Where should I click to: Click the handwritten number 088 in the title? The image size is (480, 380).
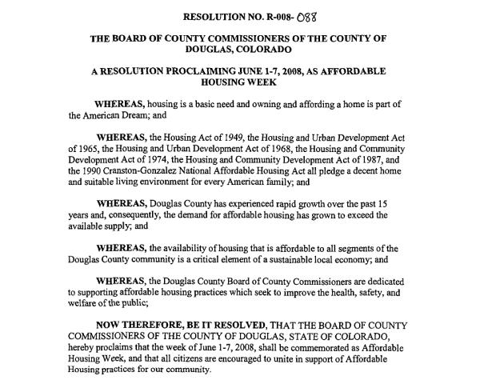pyautogui.click(x=304, y=15)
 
